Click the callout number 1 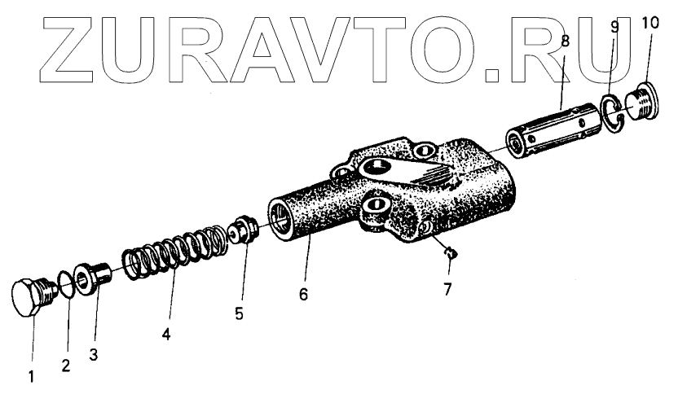[33, 379]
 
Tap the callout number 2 [66, 366]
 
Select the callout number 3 [94, 355]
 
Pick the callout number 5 [239, 313]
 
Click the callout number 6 [303, 295]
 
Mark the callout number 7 [447, 289]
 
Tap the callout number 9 [614, 26]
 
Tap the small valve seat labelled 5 [244, 230]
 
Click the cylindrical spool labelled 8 [545, 129]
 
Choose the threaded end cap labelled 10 [643, 101]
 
